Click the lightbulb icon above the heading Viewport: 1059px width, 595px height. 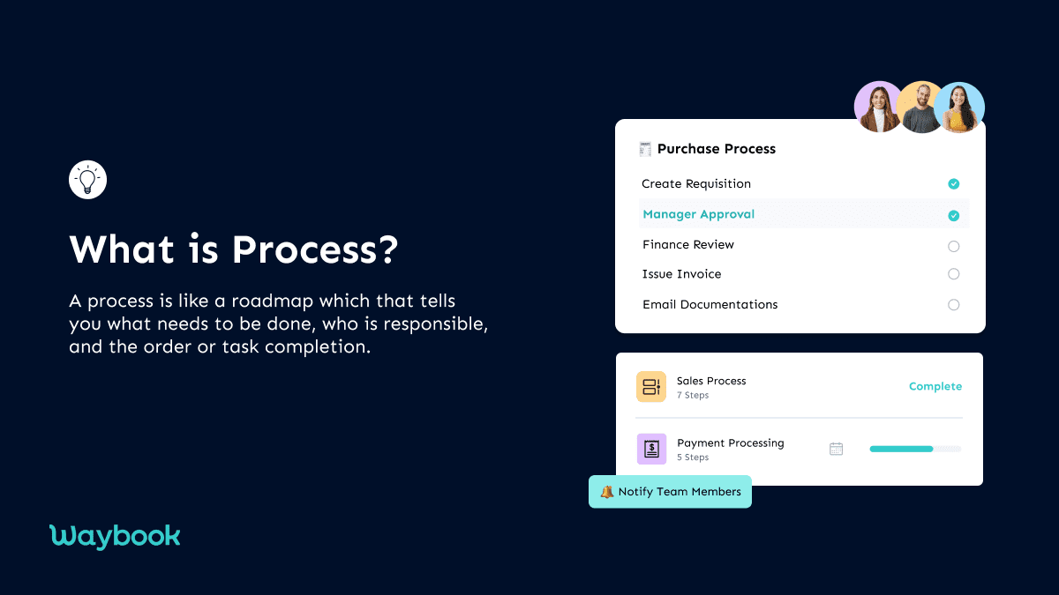[x=87, y=180]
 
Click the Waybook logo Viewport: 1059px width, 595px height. [x=115, y=536]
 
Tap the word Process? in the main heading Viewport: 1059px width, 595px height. [x=315, y=249]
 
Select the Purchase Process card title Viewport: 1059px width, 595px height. [x=716, y=149]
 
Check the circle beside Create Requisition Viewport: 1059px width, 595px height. [x=953, y=184]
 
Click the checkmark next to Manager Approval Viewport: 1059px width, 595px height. [x=953, y=215]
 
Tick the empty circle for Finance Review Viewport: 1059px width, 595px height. [x=953, y=246]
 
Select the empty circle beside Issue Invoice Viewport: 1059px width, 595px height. [x=953, y=274]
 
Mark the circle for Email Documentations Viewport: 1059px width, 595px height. [x=953, y=305]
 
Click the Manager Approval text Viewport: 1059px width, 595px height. [x=698, y=214]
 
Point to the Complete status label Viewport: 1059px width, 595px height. [x=935, y=387]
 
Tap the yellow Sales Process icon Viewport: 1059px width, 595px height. [x=651, y=387]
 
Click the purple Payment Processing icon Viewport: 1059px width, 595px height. [x=651, y=450]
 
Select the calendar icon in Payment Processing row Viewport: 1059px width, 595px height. [x=836, y=449]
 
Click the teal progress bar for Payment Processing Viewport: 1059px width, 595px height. [x=901, y=450]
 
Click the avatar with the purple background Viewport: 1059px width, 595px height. [x=878, y=108]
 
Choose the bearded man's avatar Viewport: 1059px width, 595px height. [x=920, y=108]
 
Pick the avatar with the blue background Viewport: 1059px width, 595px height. [x=959, y=108]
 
